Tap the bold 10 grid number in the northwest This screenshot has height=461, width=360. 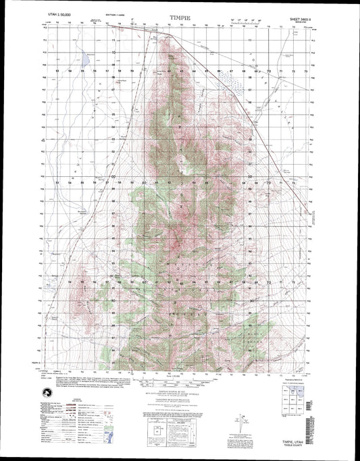[x=113, y=52]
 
